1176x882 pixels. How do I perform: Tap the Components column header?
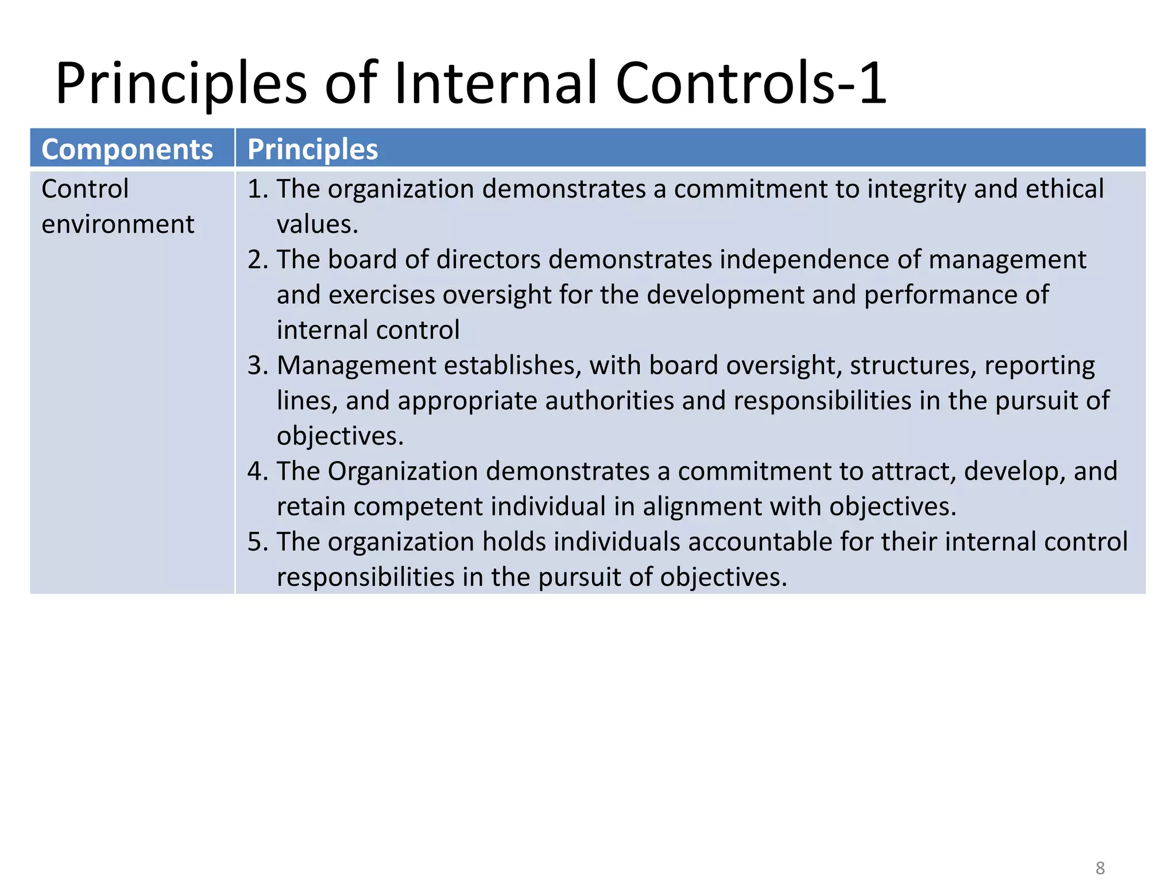coord(127,149)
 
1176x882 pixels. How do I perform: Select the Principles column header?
coord(312,149)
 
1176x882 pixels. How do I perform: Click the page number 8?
coord(1100,868)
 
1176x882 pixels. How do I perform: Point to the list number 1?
coord(257,189)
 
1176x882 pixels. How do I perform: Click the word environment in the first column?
coord(118,225)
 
